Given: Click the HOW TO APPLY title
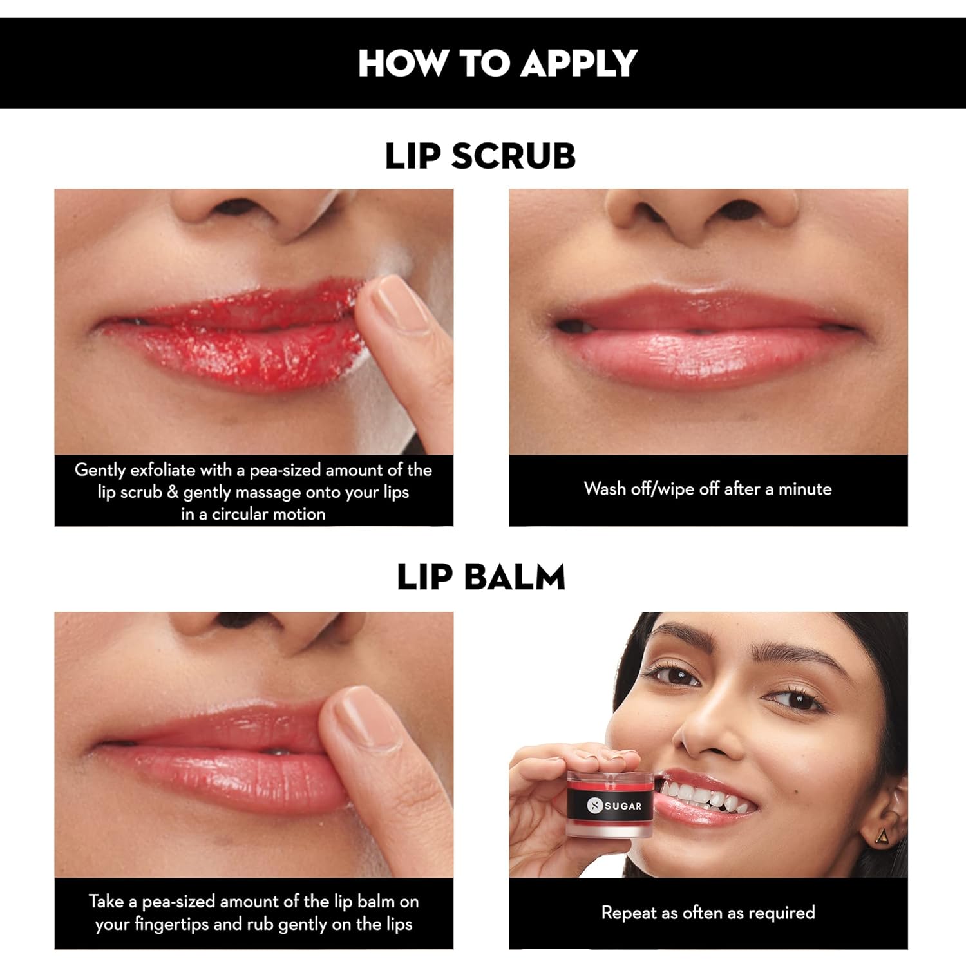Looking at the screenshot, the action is point(497,63).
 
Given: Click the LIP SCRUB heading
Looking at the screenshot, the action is point(480,156).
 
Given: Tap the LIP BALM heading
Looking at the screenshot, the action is point(481,576).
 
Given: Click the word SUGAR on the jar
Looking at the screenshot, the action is point(623,806).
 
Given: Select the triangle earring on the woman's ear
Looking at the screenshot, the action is point(883,836).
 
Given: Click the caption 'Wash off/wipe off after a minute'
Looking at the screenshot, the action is point(708,489).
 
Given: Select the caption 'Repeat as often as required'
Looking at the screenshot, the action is point(708,913).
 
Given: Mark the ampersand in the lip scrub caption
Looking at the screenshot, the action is point(173,492).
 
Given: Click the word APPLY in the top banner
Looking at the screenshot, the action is point(579,63).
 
